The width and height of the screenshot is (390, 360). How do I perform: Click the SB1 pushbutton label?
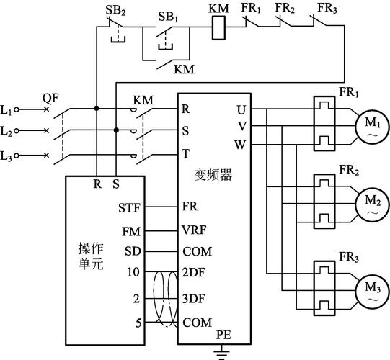point(169,14)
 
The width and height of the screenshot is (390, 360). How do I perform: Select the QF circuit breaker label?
point(50,97)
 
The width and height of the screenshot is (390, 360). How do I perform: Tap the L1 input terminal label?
point(6,110)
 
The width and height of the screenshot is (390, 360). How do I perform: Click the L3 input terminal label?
point(6,156)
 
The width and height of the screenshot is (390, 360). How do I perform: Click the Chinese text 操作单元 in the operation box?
point(91,256)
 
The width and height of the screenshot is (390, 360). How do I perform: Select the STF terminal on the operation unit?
point(128,208)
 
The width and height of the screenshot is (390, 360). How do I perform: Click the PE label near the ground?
point(224,336)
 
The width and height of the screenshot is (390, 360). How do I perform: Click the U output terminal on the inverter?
point(240,109)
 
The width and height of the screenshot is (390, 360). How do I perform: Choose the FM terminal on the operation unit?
point(130,231)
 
